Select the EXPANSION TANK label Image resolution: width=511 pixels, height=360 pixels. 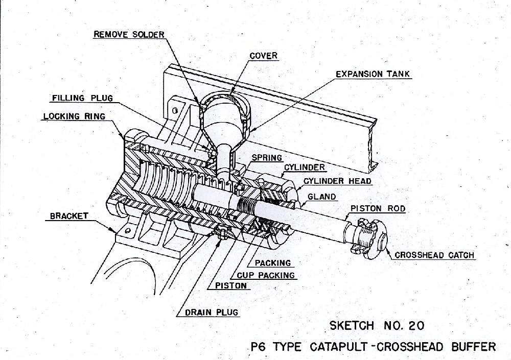pos(373,74)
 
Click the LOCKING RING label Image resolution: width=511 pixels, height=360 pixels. pos(75,116)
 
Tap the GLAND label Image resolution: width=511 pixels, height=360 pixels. pos(322,196)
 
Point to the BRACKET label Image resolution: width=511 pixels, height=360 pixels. pos(69,216)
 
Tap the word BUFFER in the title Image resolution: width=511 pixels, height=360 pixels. pos(473,347)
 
